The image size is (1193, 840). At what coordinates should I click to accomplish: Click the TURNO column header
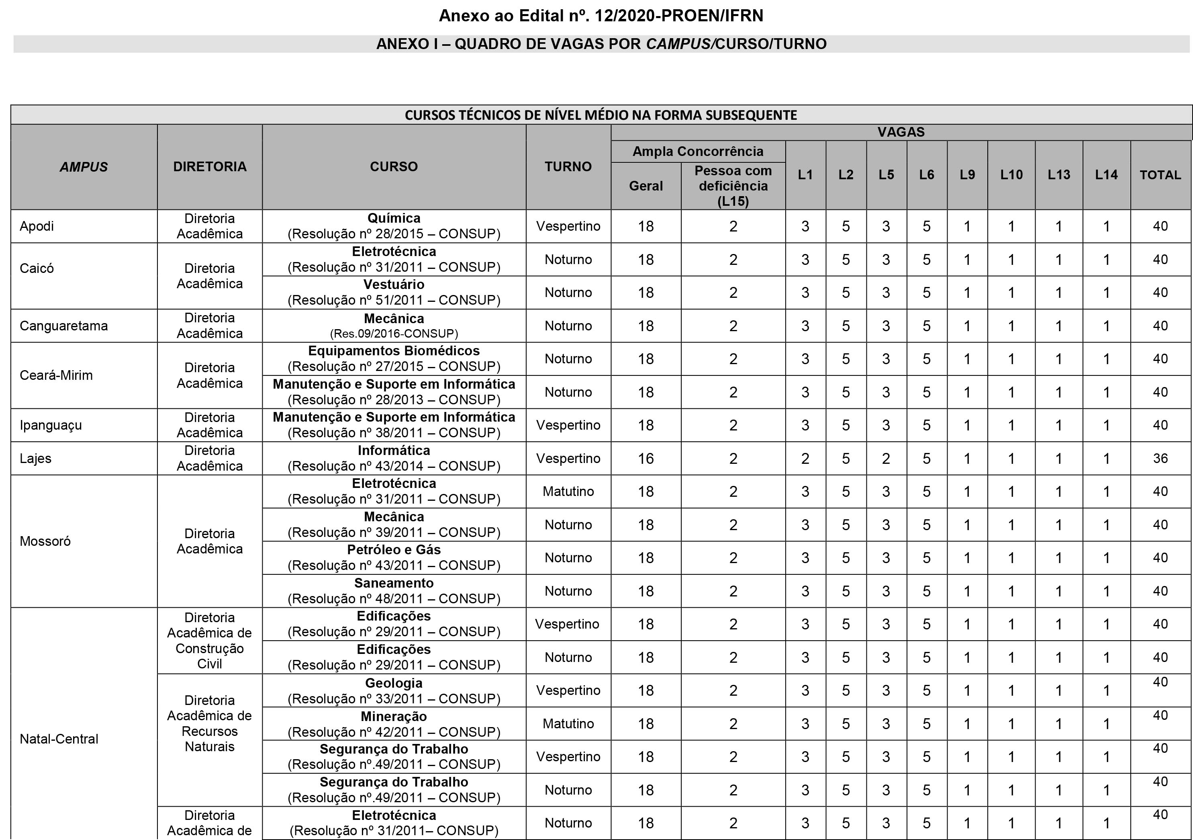pos(568,166)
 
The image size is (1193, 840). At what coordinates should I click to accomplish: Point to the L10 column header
pos(1011,175)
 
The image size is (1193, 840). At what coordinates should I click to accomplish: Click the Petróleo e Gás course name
pos(394,550)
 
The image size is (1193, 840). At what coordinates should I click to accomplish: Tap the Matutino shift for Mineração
pos(568,723)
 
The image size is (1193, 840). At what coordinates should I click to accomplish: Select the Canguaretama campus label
pos(64,326)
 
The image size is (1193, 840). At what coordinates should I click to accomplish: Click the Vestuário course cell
pos(394,292)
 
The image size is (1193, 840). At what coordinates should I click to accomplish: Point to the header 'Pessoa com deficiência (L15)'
pos(733,186)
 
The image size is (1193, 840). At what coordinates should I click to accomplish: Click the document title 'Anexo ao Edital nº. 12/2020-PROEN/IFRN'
pos(601,16)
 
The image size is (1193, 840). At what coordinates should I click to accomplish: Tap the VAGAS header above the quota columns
pos(901,132)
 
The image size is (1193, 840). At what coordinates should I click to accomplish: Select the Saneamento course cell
pos(394,590)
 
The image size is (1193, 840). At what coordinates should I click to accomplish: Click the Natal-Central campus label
pos(59,739)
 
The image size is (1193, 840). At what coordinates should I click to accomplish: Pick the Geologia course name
pos(394,683)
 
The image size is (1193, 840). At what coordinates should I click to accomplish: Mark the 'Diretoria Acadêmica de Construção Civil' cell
pos(209,640)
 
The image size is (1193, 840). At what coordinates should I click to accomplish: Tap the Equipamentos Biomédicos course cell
pos(394,359)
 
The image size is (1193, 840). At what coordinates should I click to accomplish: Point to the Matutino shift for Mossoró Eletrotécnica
pos(568,491)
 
